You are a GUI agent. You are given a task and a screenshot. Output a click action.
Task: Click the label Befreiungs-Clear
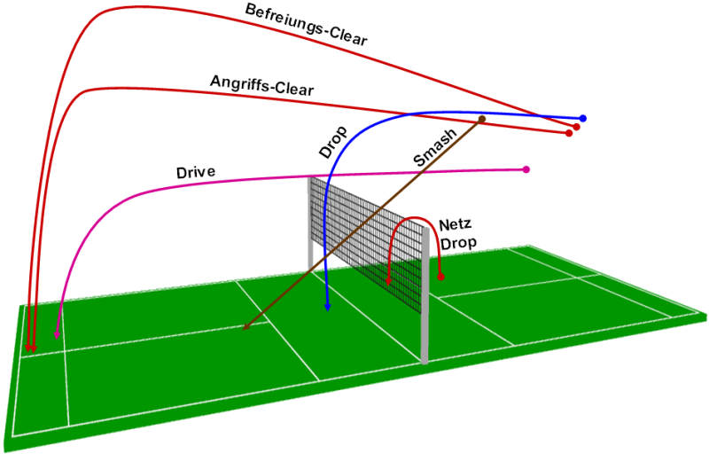tap(307, 24)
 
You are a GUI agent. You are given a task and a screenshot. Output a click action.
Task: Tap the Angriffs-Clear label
tap(261, 85)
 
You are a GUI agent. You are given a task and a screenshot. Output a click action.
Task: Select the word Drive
tap(196, 171)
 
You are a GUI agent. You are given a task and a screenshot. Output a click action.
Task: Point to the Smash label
tap(435, 148)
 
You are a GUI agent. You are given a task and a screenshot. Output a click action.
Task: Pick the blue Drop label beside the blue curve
tap(333, 141)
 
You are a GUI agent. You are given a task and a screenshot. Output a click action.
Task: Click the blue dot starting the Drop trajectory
tap(583, 118)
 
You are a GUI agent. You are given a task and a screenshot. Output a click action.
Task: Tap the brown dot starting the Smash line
tap(482, 118)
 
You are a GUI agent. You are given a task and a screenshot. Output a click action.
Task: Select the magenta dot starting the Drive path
tap(526, 169)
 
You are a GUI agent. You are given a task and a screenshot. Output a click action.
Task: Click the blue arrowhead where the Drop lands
tap(328, 306)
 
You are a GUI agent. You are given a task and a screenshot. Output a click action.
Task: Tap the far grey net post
tap(310, 222)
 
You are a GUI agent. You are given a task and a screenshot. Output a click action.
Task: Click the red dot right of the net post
tap(440, 278)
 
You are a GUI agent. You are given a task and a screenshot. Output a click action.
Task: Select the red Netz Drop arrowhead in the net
tap(390, 282)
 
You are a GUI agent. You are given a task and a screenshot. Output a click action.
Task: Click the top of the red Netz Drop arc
tap(412, 218)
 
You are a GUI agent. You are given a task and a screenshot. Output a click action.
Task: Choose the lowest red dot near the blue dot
tap(568, 133)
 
